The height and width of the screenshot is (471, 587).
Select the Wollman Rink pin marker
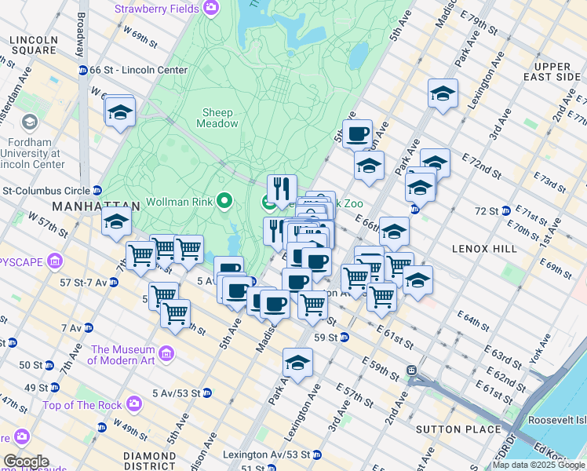click(x=224, y=203)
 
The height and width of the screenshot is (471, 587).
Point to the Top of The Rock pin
click(x=134, y=404)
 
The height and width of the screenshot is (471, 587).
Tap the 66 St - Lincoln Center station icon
click(x=83, y=71)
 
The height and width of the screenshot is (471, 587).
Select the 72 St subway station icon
click(x=506, y=211)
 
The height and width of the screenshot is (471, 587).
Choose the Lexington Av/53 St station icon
click(x=316, y=455)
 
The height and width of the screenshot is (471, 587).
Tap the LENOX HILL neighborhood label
click(x=484, y=248)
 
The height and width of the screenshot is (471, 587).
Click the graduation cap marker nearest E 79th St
click(x=443, y=93)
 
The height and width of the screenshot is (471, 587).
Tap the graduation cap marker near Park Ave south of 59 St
click(x=297, y=362)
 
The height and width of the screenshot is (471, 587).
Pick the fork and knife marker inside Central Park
click(x=281, y=188)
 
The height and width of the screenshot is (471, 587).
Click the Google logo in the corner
click(x=25, y=462)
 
